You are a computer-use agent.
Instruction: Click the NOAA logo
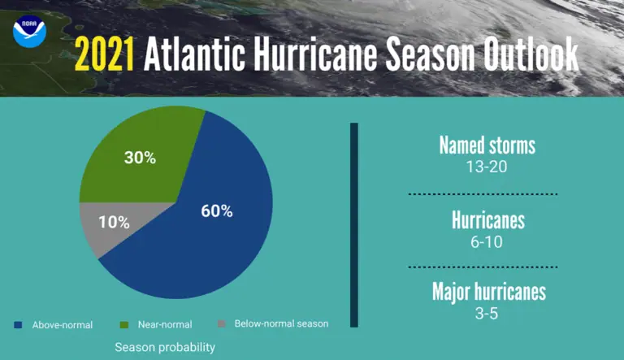[x=29, y=32]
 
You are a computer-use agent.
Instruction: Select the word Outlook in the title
[x=531, y=54]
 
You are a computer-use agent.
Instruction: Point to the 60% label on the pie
[x=217, y=211]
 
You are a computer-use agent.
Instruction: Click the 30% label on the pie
[x=140, y=158]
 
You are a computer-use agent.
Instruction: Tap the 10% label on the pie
[x=115, y=222]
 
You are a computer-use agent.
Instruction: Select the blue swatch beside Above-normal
[x=18, y=325]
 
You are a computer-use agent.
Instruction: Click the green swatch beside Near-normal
[x=124, y=325]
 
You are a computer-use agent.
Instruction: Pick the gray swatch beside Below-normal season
[x=222, y=323]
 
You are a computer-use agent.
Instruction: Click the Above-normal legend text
[x=63, y=325]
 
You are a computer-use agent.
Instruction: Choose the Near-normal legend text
[x=165, y=324]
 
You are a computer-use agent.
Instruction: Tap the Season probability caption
[x=165, y=347]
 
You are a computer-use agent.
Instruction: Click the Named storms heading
[x=487, y=145]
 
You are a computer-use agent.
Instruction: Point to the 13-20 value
[x=487, y=167]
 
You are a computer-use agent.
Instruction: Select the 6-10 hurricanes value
[x=487, y=242]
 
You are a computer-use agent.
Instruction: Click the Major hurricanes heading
[x=489, y=292]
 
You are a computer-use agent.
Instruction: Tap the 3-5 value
[x=487, y=314]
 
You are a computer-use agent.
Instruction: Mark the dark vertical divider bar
[x=354, y=225]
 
